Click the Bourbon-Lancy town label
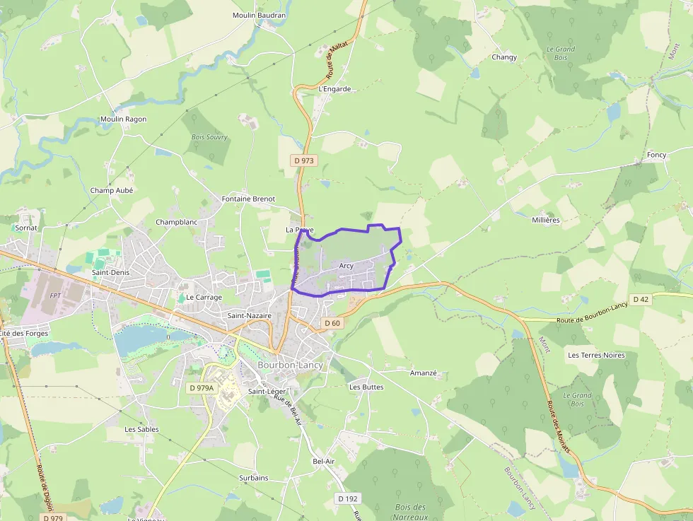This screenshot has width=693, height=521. [x=290, y=365]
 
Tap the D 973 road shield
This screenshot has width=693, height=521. [x=304, y=160]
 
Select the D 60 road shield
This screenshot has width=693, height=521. [x=332, y=323]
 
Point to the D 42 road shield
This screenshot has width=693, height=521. [x=641, y=299]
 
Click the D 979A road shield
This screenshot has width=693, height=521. [x=202, y=388]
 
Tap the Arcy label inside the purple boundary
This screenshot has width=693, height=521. [x=346, y=266]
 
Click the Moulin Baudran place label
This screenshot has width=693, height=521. [x=260, y=15]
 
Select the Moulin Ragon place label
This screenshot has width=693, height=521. [x=123, y=119]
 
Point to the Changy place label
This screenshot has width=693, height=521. [x=504, y=57]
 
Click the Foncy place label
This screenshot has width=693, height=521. [x=656, y=155]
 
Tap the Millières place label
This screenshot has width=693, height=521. [x=545, y=220]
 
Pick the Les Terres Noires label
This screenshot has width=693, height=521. [x=596, y=355]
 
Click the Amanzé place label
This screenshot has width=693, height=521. [x=424, y=373]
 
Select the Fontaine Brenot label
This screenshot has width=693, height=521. [x=248, y=199]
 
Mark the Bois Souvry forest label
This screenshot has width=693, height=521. [x=209, y=137]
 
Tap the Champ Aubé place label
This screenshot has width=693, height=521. [x=112, y=190]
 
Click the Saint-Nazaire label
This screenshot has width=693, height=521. [x=250, y=315]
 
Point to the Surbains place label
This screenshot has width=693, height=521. [x=253, y=478]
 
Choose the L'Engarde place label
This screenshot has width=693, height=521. [x=334, y=89]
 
